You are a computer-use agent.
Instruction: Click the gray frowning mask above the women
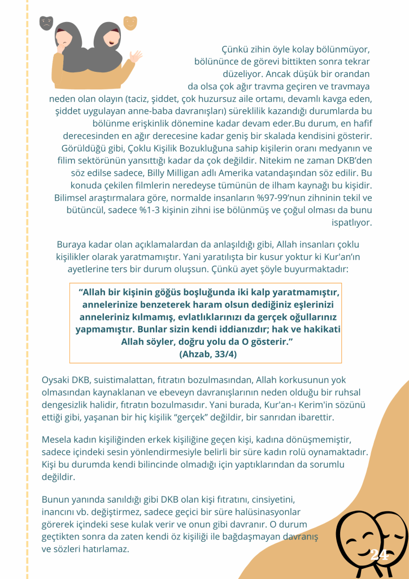tap(46, 23)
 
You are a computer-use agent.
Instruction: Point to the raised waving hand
tap(136, 57)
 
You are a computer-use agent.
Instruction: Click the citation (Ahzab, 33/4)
tap(206, 354)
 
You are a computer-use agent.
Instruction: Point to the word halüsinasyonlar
tap(259, 512)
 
